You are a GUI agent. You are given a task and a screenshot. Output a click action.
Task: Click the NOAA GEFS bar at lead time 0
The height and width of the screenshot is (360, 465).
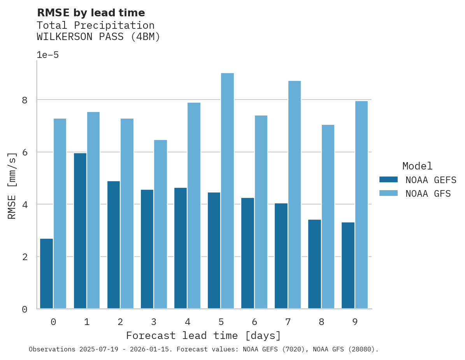pyautogui.click(x=46, y=274)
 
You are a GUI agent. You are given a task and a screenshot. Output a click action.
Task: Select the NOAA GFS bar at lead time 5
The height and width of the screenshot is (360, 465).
pyautogui.click(x=227, y=191)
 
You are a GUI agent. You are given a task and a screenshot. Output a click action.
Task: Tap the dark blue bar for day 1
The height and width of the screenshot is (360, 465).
pyautogui.click(x=80, y=231)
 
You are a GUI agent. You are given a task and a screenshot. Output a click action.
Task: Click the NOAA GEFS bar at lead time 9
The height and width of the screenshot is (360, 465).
pyautogui.click(x=348, y=266)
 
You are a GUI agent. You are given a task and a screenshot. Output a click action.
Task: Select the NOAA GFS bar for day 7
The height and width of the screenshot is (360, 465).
pyautogui.click(x=294, y=195)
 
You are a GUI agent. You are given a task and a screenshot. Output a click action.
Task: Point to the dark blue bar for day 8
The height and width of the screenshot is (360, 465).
pyautogui.click(x=314, y=264)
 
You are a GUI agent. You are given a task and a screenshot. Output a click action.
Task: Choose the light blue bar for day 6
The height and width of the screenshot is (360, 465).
pyautogui.click(x=261, y=212)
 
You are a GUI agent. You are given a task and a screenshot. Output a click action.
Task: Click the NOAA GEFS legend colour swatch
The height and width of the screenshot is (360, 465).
pyautogui.click(x=388, y=180)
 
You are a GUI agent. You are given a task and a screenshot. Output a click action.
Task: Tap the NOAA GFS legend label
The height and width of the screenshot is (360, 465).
pyautogui.click(x=428, y=194)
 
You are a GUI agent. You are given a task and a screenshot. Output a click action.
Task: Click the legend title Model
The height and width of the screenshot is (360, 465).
pyautogui.click(x=417, y=166)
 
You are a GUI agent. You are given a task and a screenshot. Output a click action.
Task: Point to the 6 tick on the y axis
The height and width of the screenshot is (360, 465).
pyautogui.click(x=25, y=152)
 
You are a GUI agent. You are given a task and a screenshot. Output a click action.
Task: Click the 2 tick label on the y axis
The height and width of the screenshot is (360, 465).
pyautogui.click(x=25, y=257)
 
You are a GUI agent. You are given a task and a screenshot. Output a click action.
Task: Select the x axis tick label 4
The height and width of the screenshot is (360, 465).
pyautogui.click(x=187, y=322)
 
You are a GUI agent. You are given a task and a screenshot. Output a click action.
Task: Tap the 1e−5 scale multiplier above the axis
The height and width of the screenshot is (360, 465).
pyautogui.click(x=47, y=55)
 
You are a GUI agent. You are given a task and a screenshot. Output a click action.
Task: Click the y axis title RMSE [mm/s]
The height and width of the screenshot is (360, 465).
pyautogui.click(x=12, y=186)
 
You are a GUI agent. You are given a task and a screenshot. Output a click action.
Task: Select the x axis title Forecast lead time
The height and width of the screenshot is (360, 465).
pyautogui.click(x=203, y=336)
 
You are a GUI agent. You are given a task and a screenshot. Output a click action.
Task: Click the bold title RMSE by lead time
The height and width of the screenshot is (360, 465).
pyautogui.click(x=91, y=13)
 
